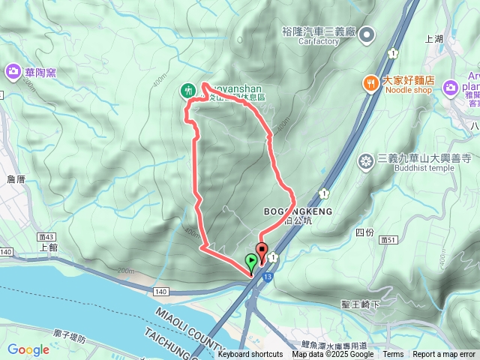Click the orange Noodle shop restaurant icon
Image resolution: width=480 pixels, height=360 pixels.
(370, 83)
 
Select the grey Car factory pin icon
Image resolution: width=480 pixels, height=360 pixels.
(367, 34)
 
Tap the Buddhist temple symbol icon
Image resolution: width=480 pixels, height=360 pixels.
(366, 160)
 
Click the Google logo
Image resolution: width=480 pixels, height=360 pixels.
(28, 349)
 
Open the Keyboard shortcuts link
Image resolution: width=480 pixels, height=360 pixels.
(250, 355)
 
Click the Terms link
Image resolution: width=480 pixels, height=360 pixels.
(393, 355)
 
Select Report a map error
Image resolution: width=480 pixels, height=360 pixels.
(444, 355)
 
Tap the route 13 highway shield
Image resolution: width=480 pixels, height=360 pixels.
(267, 277)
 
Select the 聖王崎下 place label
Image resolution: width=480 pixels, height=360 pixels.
(361, 304)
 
